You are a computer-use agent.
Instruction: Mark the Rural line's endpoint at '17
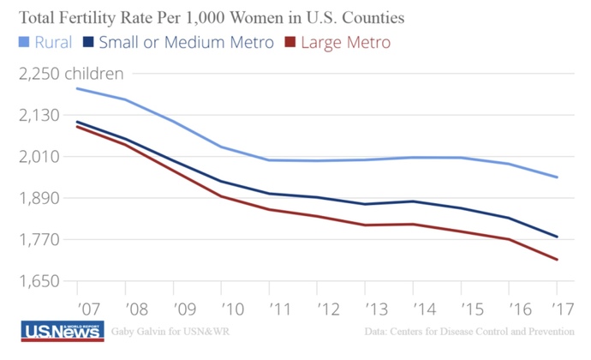tap(558, 177)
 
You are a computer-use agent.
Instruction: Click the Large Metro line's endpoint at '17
tap(558, 260)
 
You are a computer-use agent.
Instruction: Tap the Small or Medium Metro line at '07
tap(77, 122)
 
